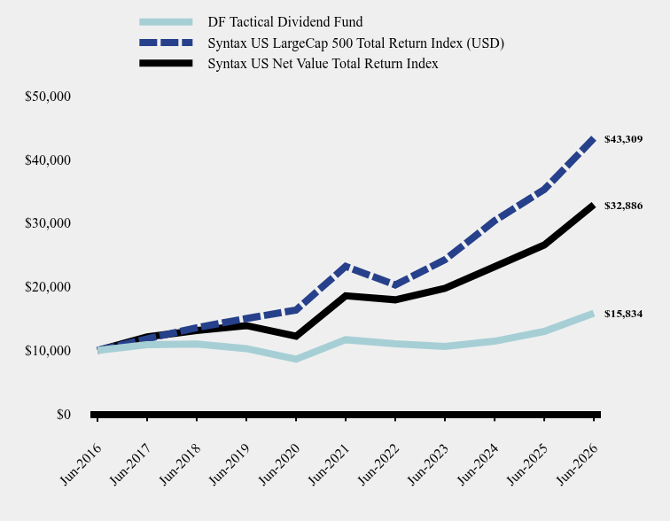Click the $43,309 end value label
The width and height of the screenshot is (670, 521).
point(623,139)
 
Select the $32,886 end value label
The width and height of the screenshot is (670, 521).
point(623,206)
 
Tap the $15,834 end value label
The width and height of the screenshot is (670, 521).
point(623,314)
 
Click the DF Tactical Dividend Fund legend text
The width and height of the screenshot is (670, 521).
point(285,22)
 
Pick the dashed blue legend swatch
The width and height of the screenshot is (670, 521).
point(166,43)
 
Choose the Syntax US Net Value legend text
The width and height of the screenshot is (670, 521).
point(323,64)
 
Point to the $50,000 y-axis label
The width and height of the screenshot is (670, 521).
point(48,97)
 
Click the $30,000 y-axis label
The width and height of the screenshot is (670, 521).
point(48,223)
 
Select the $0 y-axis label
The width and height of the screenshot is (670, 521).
point(64,415)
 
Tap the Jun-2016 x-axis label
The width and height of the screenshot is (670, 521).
point(82,464)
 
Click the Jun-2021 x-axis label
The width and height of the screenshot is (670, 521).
point(329,464)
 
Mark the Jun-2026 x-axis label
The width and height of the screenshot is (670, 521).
point(577,464)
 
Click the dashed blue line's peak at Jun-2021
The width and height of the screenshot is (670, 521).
point(346,267)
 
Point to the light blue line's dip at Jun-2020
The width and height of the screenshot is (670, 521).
point(296,359)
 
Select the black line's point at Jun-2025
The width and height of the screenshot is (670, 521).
point(544,245)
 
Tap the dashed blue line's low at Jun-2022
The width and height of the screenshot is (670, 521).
point(395,285)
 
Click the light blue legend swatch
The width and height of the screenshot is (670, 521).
point(166,22)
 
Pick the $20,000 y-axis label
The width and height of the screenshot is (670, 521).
point(48,287)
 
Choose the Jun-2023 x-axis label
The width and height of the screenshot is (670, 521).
point(429,464)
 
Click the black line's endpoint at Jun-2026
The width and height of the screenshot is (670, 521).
point(593,206)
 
